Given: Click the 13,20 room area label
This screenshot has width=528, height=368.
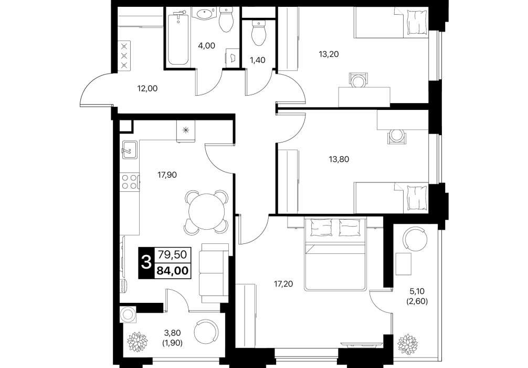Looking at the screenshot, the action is [x=329, y=54].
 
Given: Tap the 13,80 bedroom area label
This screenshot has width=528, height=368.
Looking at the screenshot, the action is [x=339, y=159].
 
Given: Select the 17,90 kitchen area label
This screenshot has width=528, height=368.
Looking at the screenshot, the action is [x=167, y=175].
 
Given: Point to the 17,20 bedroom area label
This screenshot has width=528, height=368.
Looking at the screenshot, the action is [x=283, y=284].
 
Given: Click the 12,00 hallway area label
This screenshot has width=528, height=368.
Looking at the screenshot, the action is [x=147, y=89].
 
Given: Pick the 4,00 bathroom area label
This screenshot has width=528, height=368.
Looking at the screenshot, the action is [x=206, y=46].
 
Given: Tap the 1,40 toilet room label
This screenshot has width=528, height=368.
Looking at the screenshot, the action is [x=257, y=60].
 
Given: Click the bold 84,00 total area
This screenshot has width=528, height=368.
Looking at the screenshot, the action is [x=173, y=271].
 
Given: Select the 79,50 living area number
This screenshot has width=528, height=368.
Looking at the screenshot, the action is [x=172, y=254].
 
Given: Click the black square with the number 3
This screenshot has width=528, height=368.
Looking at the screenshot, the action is [x=146, y=263].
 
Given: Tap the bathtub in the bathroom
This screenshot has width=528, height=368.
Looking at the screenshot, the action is [x=178, y=38].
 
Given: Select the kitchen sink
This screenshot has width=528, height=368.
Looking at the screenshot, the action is [x=129, y=149].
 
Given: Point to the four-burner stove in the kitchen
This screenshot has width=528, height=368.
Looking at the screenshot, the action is [x=130, y=181].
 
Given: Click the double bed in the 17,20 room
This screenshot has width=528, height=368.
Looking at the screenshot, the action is [x=334, y=254].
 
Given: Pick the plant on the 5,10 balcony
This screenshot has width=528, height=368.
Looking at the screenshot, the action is [x=407, y=344].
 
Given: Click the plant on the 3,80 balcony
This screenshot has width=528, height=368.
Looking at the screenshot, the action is [x=137, y=342].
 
